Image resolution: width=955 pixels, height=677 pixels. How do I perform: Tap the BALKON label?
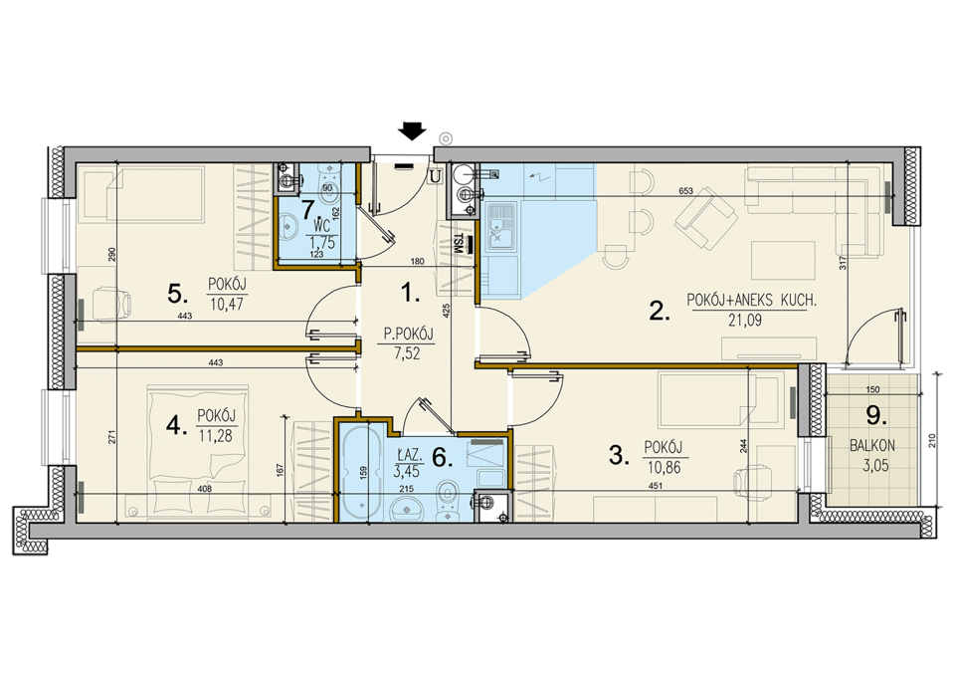pyautogui.click(x=872, y=445)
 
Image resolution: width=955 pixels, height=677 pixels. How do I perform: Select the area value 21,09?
pyautogui.click(x=744, y=320)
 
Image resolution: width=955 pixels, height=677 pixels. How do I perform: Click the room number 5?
pyautogui.click(x=177, y=295)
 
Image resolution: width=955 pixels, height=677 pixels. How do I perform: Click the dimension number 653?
pyautogui.click(x=685, y=191)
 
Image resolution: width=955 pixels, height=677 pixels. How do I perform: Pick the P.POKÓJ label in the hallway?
pyautogui.click(x=408, y=334)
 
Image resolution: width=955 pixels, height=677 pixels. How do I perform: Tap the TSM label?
pyautogui.click(x=458, y=244)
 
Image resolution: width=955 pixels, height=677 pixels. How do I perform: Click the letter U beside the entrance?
pyautogui.click(x=435, y=176)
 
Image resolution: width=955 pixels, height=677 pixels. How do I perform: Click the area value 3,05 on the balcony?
pyautogui.click(x=875, y=466)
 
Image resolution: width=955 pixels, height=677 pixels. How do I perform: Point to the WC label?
pyautogui.click(x=322, y=227)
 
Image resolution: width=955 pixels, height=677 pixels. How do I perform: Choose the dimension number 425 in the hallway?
pyautogui.click(x=447, y=311)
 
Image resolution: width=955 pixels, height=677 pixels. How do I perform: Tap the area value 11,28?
pyautogui.click(x=215, y=436)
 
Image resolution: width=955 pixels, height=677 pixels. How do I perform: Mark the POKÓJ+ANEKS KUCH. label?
pyautogui.click(x=751, y=300)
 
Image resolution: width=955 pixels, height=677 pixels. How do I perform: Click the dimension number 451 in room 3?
pyautogui.click(x=656, y=486)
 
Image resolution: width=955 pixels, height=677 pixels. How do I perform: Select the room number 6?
pyautogui.click(x=442, y=458)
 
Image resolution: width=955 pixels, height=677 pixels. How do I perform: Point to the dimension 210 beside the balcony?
pyautogui.click(x=931, y=441)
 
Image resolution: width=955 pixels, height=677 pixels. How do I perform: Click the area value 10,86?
pyautogui.click(x=664, y=468)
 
